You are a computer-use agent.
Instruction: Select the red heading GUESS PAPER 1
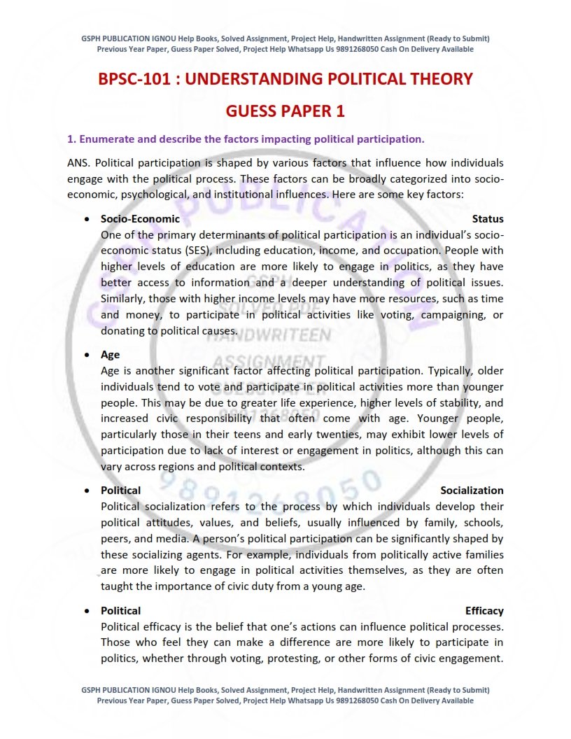point(285,111)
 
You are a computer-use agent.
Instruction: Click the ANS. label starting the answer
point(79,162)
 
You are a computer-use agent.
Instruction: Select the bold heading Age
point(110,355)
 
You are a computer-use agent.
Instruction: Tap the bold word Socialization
point(472,490)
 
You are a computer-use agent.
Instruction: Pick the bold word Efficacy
point(484,610)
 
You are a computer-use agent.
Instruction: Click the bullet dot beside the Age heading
point(85,355)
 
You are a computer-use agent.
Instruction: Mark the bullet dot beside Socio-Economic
point(85,219)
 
